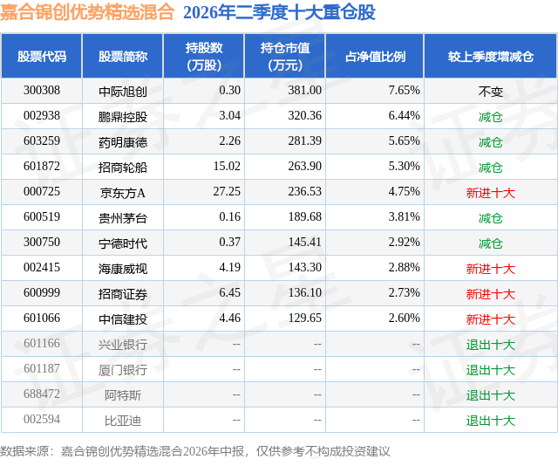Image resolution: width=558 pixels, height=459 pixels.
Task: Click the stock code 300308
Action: point(42,90)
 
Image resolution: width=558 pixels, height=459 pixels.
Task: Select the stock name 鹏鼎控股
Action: point(123,116)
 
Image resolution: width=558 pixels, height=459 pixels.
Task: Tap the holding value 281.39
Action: point(304,140)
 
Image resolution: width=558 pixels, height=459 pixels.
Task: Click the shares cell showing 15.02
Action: point(227,166)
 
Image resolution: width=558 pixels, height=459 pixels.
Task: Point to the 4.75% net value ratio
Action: point(404,191)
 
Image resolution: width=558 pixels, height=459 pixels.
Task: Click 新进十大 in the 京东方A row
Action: point(490,193)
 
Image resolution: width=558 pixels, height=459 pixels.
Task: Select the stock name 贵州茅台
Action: point(123,217)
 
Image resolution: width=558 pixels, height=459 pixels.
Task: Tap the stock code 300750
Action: point(42,242)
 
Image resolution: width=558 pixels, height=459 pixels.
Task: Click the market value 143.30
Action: point(304,267)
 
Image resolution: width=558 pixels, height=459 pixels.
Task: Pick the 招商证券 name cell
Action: point(123,294)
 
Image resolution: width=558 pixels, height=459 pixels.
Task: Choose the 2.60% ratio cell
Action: point(404,318)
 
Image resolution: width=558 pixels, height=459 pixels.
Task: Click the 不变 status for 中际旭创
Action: point(490,92)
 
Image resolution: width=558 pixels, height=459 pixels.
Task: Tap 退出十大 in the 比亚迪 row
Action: point(490,421)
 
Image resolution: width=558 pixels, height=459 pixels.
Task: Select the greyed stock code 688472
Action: point(42,394)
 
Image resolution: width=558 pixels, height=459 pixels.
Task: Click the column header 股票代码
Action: point(42,56)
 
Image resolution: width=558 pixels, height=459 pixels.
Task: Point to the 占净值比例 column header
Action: point(375,56)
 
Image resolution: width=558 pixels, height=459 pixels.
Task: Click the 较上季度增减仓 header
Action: point(490,56)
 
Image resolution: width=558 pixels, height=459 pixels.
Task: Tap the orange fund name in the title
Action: point(87,12)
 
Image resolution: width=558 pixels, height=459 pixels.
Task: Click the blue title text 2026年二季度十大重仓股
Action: point(279,12)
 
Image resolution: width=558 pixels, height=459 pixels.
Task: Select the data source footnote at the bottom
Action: point(195,451)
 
